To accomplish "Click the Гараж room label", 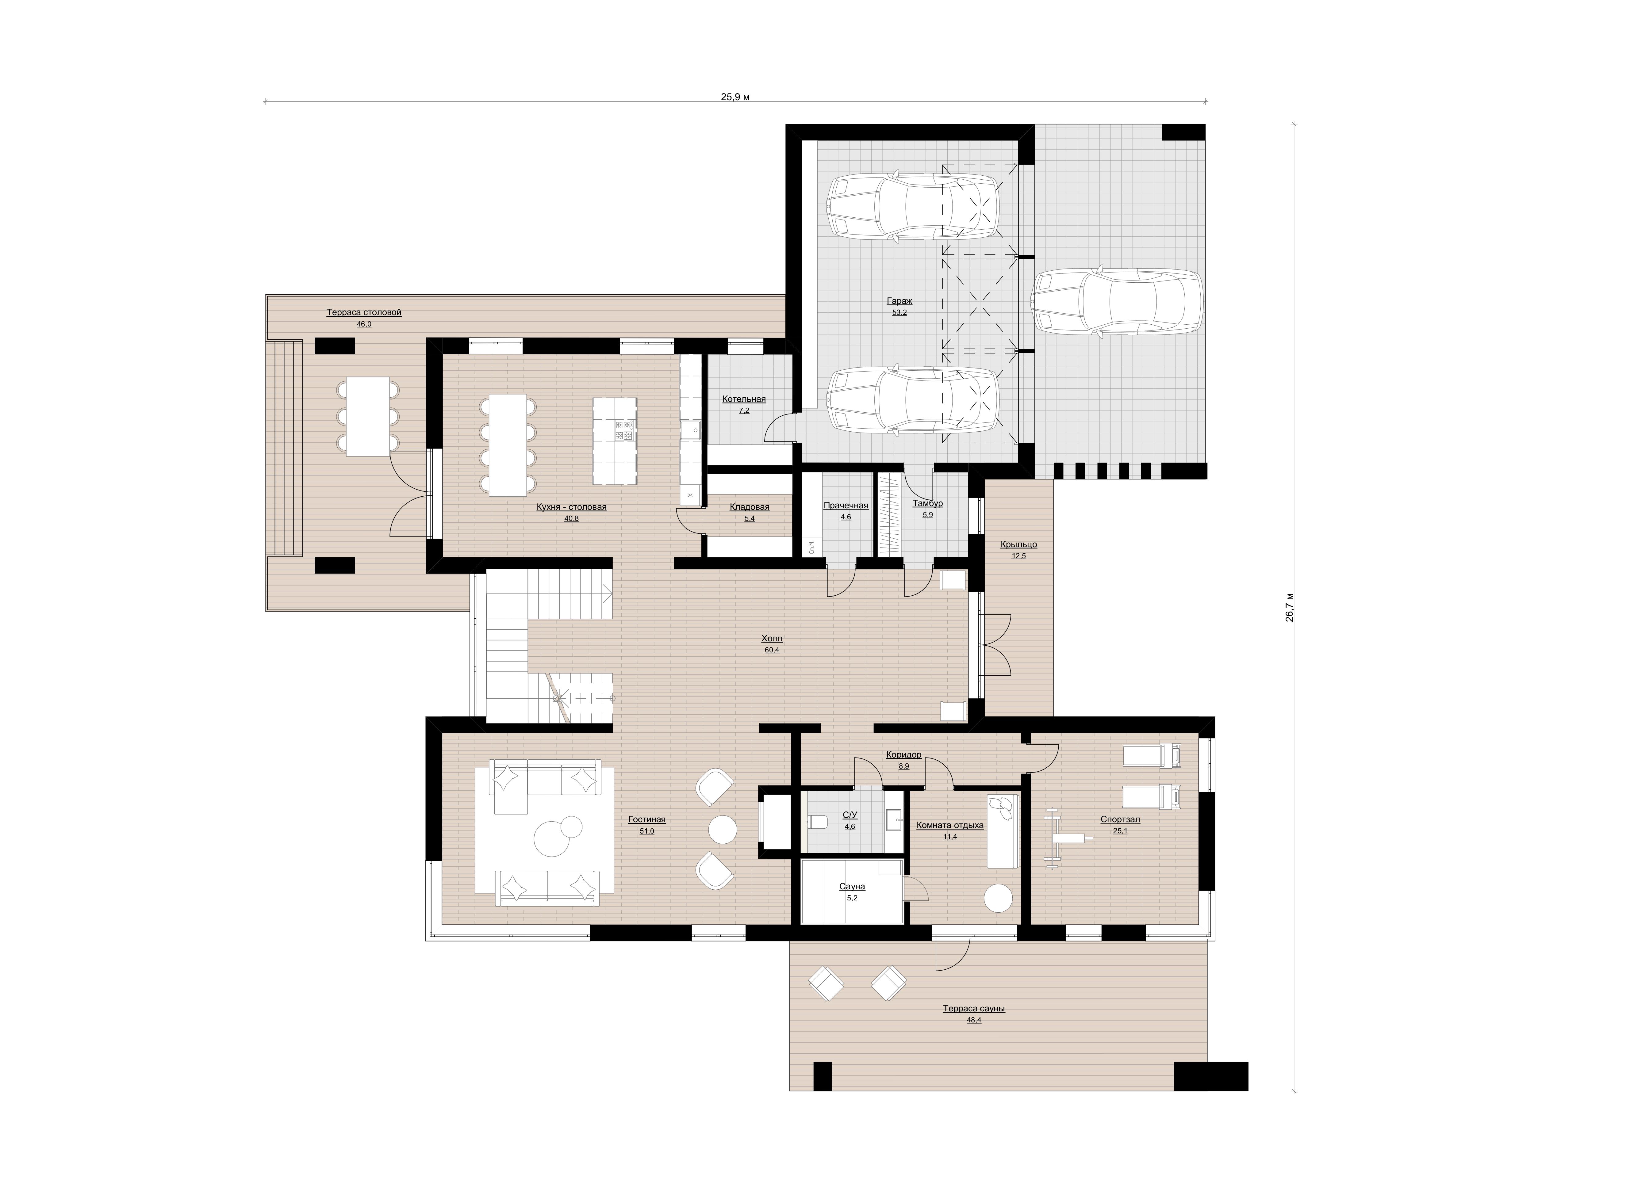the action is pos(899,301).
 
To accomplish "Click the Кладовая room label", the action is pos(750,507).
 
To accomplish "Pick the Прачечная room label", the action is pos(846,506).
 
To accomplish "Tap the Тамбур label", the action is pos(927,503).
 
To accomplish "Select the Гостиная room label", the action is pos(647,819).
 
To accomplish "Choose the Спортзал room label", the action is pos(1120,819).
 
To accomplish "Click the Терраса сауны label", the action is pos(974,1008).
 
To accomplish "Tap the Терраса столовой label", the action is pos(364,312).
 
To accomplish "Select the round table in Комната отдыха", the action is pos(999,899).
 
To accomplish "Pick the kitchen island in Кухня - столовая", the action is pos(615,441).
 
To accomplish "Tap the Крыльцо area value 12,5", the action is pos(1019,556).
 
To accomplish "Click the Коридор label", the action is pos(903,754).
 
